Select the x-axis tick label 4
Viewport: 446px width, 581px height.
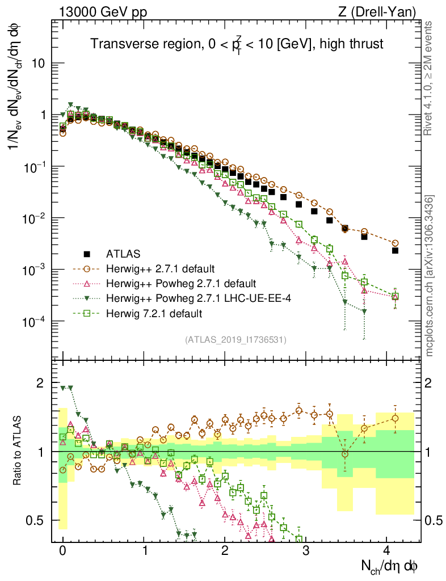point(386,550)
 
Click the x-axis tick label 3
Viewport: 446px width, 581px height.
point(306,550)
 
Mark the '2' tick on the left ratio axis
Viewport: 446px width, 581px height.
point(39,383)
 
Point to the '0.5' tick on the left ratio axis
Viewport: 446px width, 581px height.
point(35,520)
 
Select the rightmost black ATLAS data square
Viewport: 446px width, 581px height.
point(395,250)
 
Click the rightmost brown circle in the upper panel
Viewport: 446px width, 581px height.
point(395,243)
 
